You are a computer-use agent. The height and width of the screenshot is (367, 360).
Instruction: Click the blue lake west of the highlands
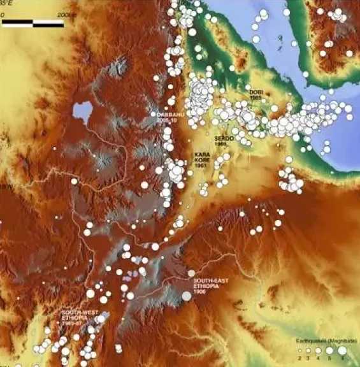82,112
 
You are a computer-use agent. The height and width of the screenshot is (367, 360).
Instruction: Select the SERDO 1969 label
225,141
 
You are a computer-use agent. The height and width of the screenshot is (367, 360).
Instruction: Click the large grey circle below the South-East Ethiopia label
187,295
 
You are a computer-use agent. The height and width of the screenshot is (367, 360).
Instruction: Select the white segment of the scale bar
48,24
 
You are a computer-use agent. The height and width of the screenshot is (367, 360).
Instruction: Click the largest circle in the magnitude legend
342,350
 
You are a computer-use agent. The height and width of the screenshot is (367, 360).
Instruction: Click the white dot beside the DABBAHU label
154,115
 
